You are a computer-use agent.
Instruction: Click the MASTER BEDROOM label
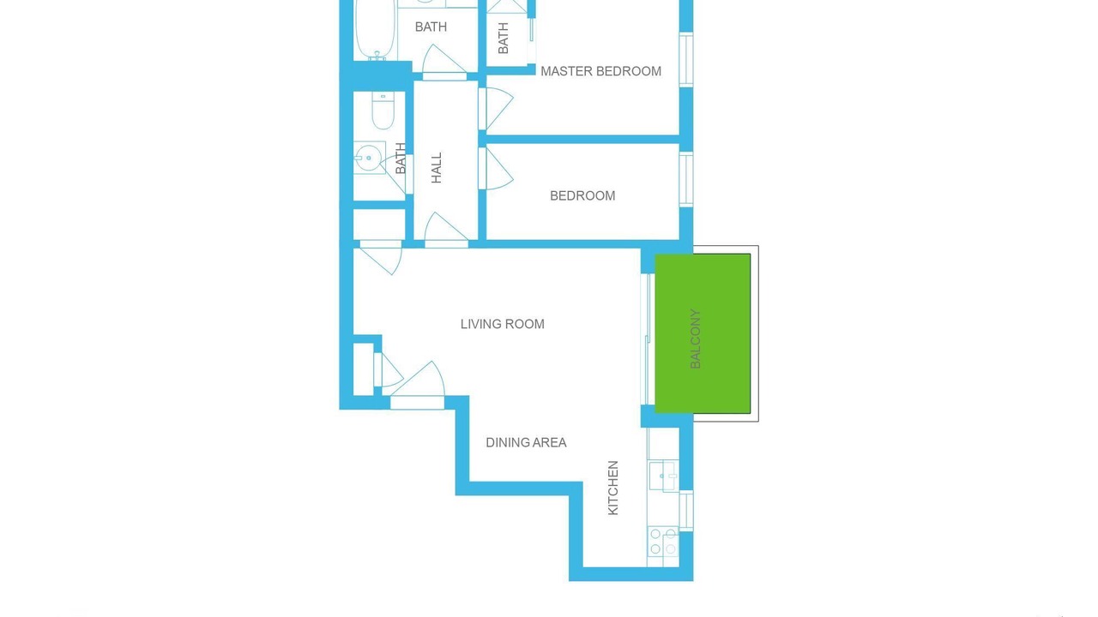point(600,71)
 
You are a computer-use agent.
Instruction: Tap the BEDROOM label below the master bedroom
point(582,196)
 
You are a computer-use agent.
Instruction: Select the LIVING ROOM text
point(503,324)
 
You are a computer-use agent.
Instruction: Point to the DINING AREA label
point(526,443)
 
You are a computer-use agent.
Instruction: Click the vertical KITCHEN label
point(612,488)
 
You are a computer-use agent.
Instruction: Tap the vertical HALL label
point(437,167)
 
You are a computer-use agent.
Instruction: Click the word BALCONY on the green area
point(695,338)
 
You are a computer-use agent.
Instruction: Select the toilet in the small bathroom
point(383,111)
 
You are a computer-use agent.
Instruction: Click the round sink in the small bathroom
point(369,158)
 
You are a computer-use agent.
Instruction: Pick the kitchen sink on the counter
point(663,475)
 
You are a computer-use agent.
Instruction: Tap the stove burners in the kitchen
point(663,542)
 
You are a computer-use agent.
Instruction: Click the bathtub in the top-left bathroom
point(376,29)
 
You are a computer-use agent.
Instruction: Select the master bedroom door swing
point(496,109)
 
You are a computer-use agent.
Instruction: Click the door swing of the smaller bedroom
point(496,169)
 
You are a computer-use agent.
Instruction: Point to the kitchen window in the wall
point(686,510)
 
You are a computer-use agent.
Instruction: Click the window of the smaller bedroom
point(686,179)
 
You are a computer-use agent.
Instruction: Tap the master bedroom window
point(686,60)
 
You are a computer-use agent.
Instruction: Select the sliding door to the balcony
point(648,338)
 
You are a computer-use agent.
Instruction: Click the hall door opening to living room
point(446,231)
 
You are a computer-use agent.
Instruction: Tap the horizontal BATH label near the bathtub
point(431,27)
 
